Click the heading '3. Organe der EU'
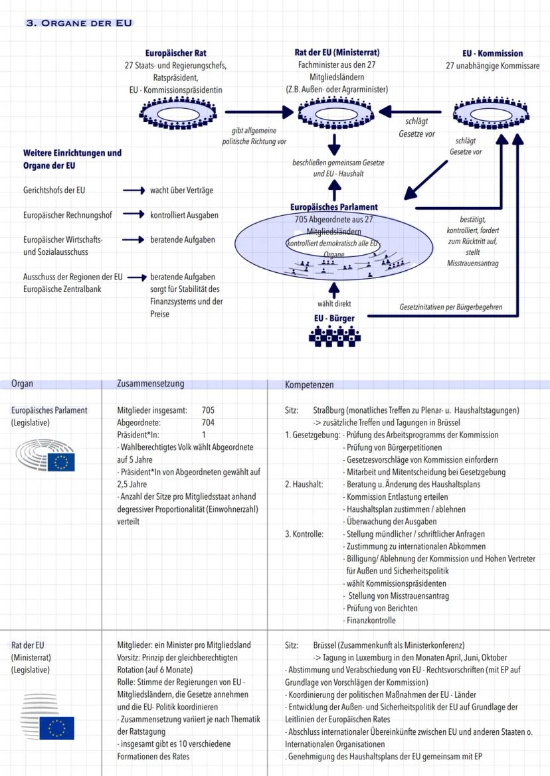(x=79, y=23)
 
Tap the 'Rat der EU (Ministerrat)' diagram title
(x=337, y=52)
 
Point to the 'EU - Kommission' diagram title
(x=492, y=53)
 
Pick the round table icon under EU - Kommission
(x=492, y=112)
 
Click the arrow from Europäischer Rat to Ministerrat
(x=258, y=112)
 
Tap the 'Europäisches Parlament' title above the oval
(x=333, y=207)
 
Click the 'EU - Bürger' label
(x=334, y=318)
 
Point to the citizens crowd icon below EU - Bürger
(x=335, y=335)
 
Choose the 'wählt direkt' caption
(x=334, y=304)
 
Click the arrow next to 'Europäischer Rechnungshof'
(x=134, y=214)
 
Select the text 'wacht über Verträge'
(x=181, y=191)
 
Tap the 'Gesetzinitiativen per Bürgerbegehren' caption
(x=450, y=307)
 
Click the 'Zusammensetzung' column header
(x=150, y=384)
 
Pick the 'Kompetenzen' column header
(x=309, y=384)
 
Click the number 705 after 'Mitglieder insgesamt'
(x=208, y=410)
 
